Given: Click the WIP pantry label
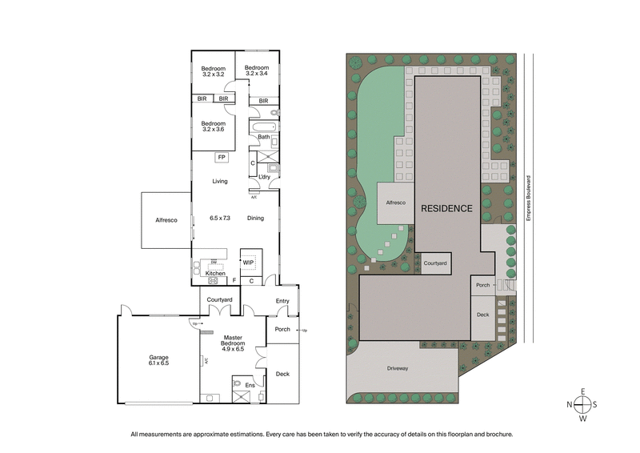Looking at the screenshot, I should click(248, 261).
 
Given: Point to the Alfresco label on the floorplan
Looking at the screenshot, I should click(166, 219).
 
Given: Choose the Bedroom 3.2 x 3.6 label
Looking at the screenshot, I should click(214, 126).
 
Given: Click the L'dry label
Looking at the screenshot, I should click(263, 177).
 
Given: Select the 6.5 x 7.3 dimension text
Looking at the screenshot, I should click(220, 218).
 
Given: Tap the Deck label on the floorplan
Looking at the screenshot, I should click(282, 374).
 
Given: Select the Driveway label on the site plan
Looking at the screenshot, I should click(398, 368).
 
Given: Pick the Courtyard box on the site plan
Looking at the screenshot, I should click(435, 263).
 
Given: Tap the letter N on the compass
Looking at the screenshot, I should click(570, 405).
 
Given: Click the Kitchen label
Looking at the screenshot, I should click(215, 274).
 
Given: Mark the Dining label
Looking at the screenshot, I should click(255, 218).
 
